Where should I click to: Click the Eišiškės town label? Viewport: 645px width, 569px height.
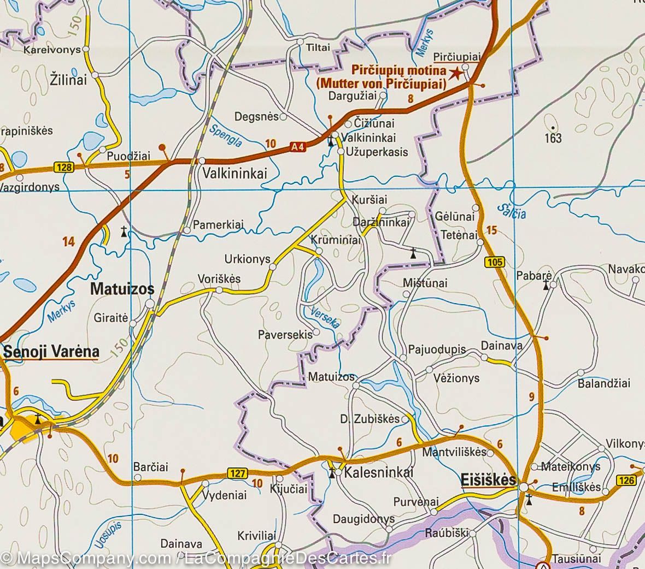click(488, 480)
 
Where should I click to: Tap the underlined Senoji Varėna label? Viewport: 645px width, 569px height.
click(51, 352)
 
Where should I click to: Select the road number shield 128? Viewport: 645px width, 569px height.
click(64, 168)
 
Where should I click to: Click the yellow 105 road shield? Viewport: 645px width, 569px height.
click(494, 263)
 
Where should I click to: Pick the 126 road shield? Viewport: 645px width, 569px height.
click(628, 480)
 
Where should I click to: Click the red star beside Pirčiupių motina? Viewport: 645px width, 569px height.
click(455, 72)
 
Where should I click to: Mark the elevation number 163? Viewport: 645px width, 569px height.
click(553, 138)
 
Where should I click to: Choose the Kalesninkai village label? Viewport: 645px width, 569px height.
click(379, 472)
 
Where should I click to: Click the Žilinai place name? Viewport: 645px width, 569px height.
click(69, 80)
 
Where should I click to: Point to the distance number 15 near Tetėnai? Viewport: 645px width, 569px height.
click(491, 230)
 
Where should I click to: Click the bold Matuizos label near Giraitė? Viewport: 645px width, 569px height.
click(122, 289)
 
